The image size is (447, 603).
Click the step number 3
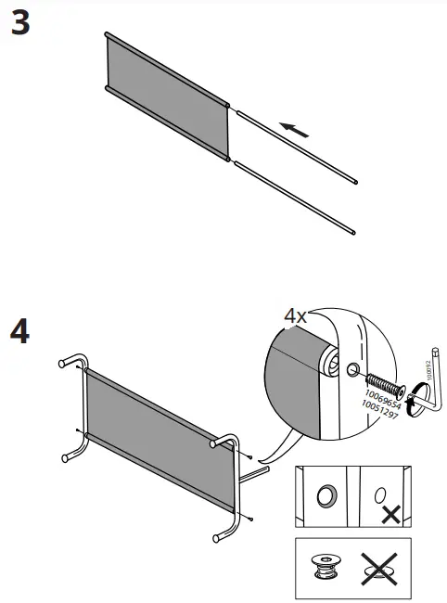20,25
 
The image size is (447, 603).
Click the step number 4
20,332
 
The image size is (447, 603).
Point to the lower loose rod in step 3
295,196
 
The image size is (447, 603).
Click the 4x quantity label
295,316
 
